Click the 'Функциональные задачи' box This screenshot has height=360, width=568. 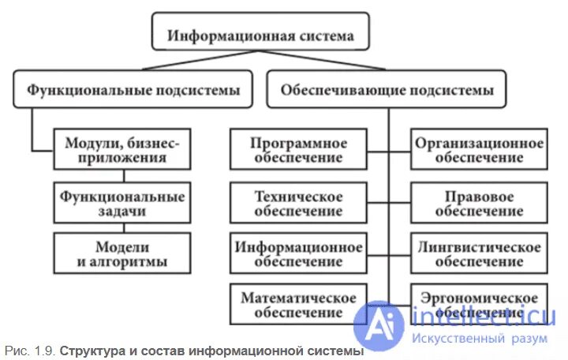click(122, 203)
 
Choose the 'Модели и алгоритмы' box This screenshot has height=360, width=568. click(122, 253)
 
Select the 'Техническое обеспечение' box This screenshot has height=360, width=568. click(299, 203)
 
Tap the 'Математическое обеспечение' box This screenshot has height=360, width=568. click(299, 305)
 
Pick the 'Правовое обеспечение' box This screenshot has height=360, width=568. click(480, 203)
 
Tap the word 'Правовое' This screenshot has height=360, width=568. click(480, 196)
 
